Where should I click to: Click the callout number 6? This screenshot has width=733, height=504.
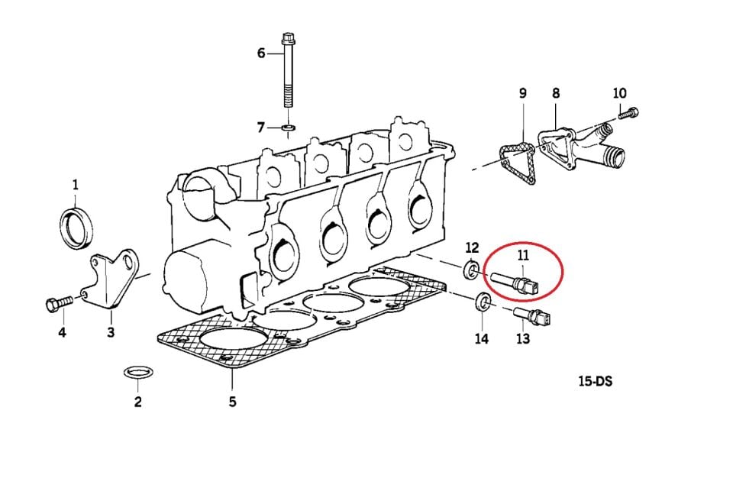261,53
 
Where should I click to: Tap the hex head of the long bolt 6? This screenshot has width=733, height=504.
288,37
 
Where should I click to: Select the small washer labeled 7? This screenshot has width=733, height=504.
289,127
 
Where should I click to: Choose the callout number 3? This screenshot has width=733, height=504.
111,332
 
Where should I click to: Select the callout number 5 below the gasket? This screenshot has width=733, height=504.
232,401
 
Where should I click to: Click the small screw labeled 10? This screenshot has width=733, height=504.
628,113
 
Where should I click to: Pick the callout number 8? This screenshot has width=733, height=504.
555,93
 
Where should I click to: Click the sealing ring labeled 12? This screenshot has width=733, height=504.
471,270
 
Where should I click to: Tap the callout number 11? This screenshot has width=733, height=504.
522,255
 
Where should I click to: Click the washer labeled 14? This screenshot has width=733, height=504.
483,302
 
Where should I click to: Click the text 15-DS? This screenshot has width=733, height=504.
595,381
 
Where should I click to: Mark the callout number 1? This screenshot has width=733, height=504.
76,185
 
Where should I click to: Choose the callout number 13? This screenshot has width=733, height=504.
523,338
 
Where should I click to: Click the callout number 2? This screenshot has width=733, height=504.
137,401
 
